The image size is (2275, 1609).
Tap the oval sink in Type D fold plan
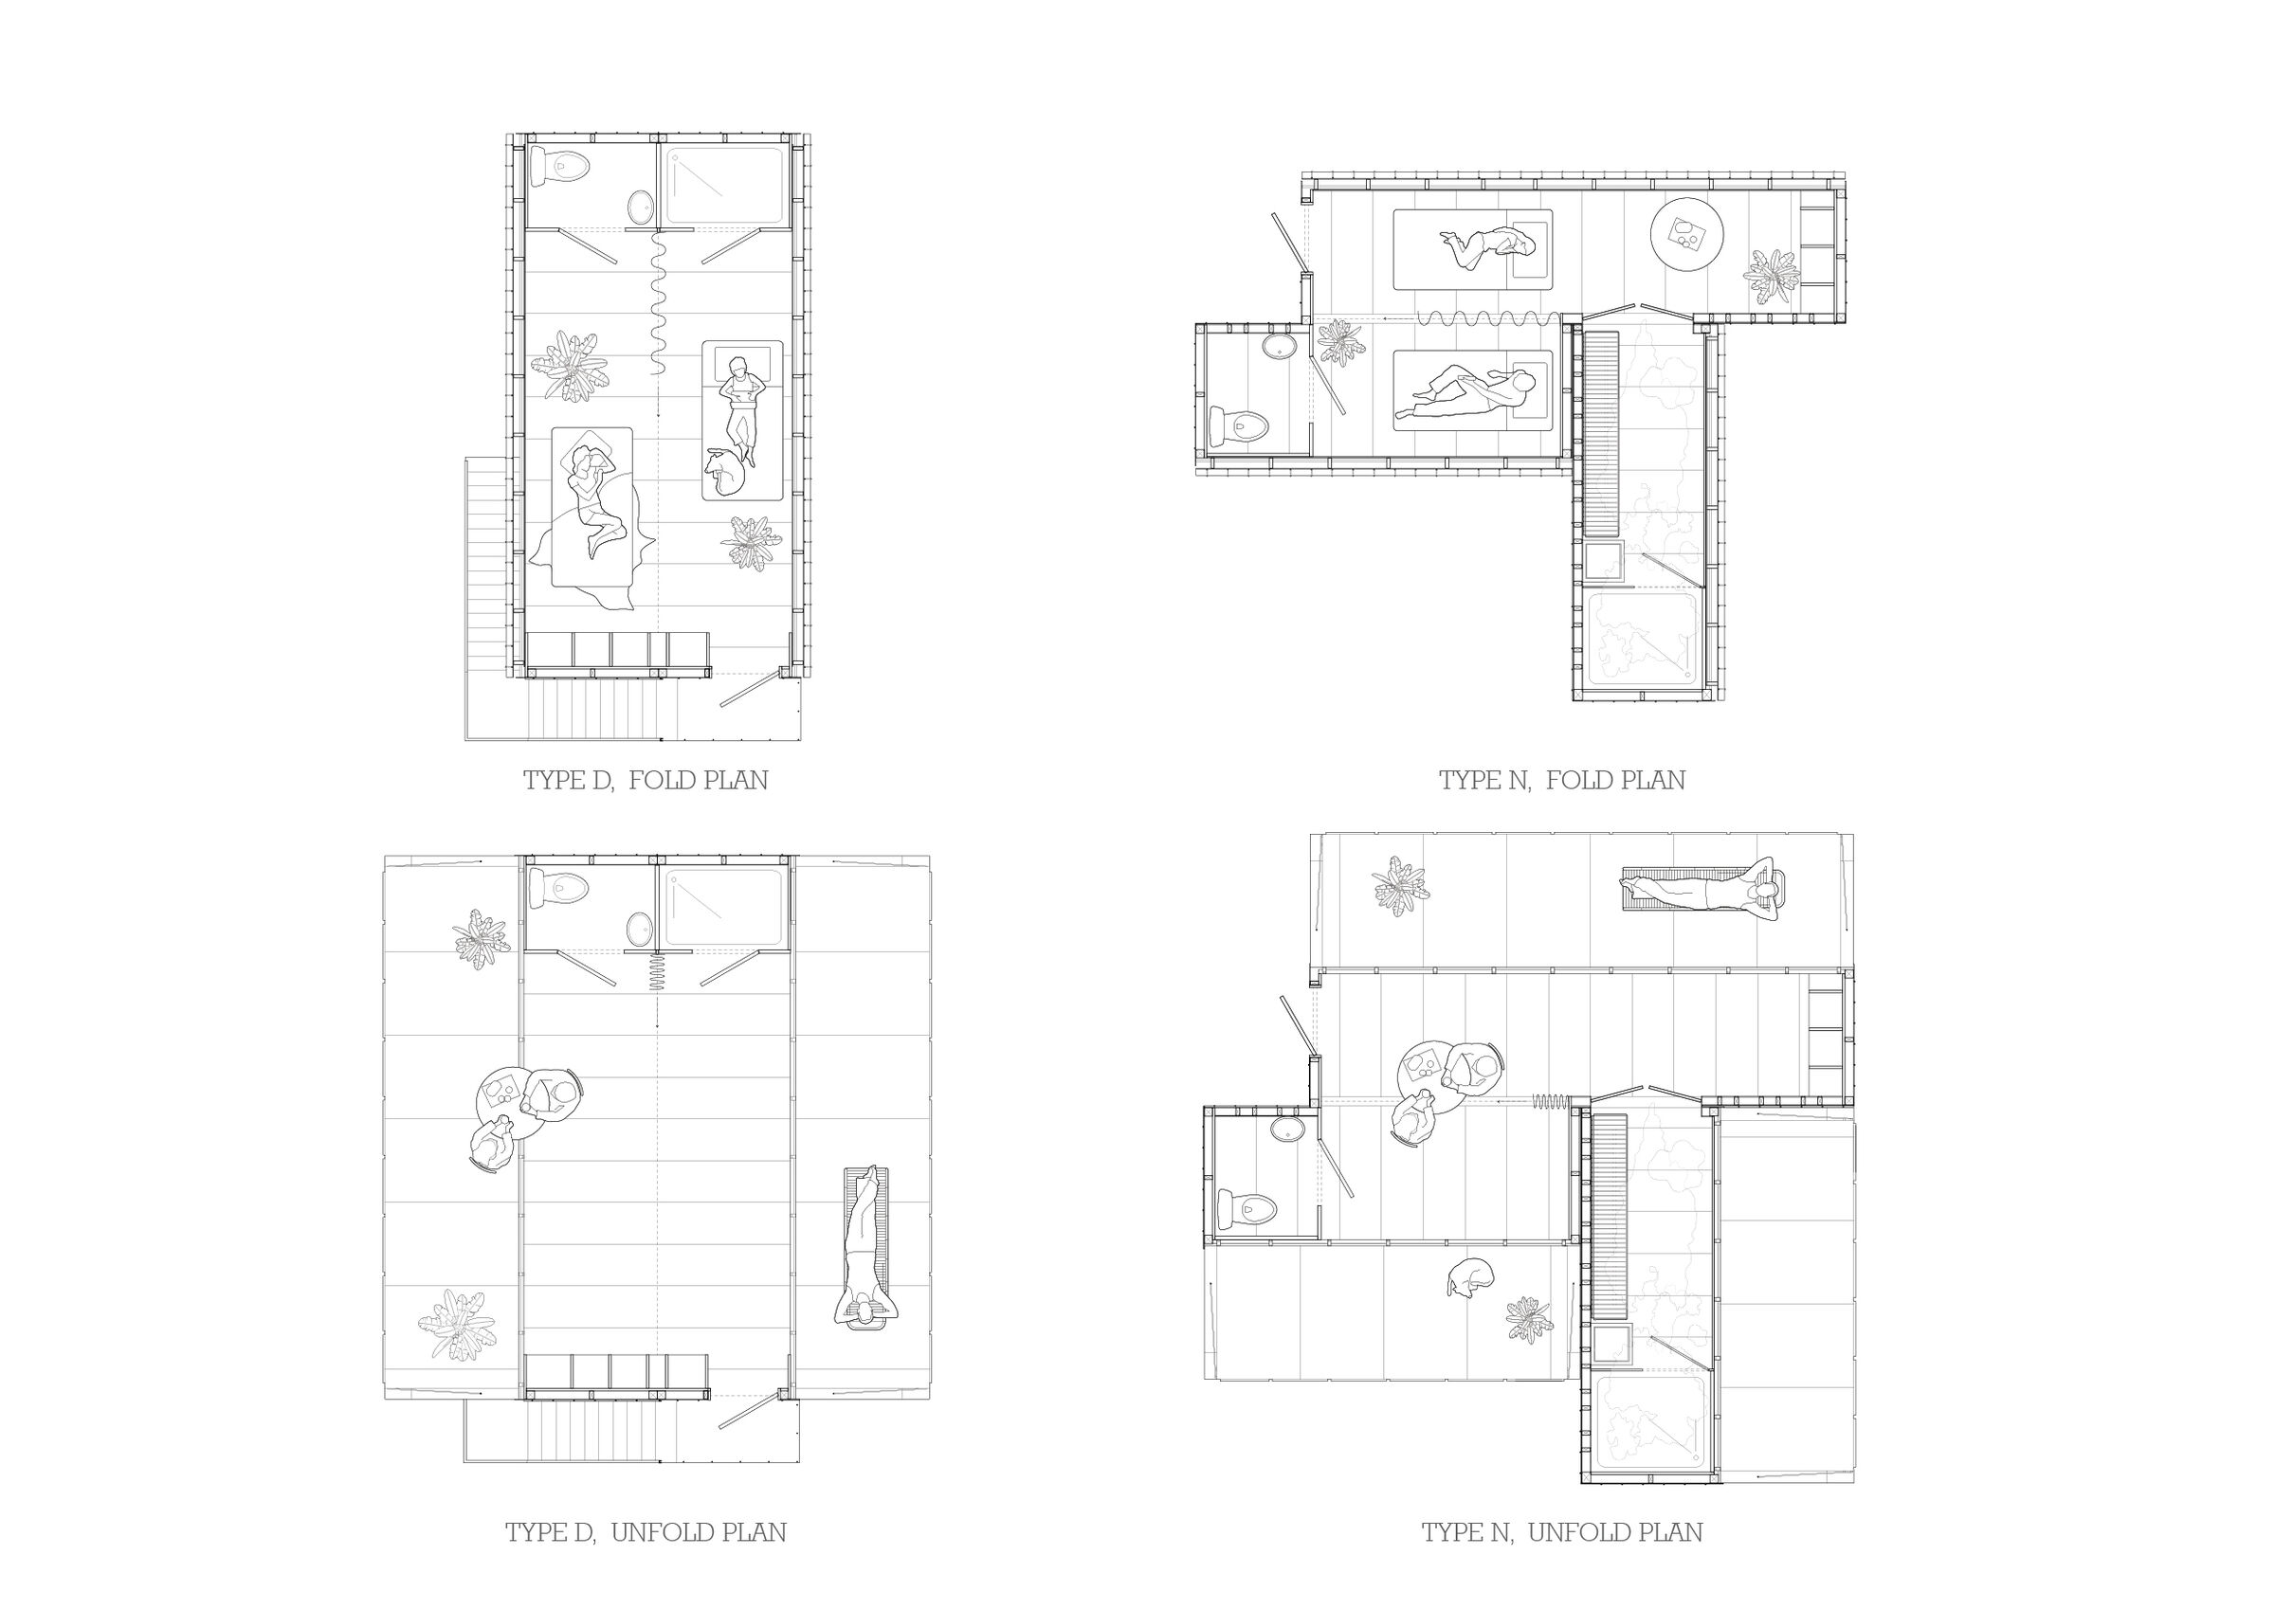coord(641,208)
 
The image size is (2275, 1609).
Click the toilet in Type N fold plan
coord(1240,427)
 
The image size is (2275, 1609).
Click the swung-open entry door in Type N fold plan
coord(1287,244)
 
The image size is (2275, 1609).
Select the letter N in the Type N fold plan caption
coord(1517,781)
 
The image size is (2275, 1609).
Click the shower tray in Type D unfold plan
coord(724,908)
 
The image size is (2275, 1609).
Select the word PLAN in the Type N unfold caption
coord(1669,1532)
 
